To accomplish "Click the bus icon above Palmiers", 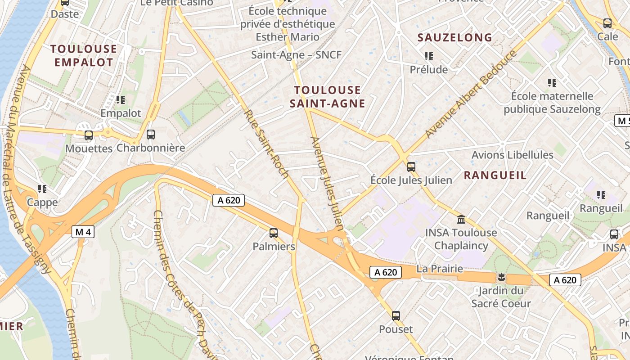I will [273, 233].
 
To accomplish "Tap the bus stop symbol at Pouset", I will [396, 316].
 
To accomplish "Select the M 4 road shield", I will [83, 232].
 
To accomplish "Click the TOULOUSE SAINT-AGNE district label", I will [327, 97].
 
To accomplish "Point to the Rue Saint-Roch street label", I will [265, 143].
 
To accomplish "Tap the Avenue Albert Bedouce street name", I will [471, 94].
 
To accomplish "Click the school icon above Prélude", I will [428, 56].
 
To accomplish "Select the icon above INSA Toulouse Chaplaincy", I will [461, 220].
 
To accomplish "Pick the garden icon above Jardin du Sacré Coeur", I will [501, 277].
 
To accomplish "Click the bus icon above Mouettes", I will [89, 135].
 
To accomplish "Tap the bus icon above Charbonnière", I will [151, 135].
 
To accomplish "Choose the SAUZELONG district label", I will [454, 38].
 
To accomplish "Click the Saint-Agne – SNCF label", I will [296, 55].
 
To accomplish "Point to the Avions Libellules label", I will [512, 155].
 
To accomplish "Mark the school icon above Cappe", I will [42, 189].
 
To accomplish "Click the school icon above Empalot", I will [121, 99].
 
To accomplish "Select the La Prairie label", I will [439, 269].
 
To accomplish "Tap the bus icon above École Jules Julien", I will [411, 167].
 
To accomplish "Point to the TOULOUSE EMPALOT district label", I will [83, 55].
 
